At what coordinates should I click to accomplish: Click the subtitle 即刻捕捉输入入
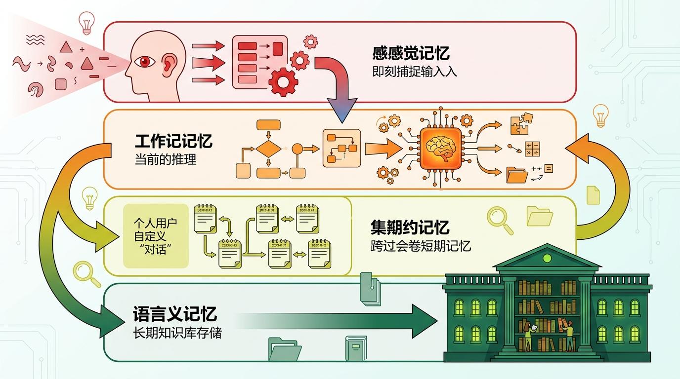[414, 72]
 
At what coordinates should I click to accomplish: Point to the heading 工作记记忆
[173, 142]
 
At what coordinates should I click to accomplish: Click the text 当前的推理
[166, 160]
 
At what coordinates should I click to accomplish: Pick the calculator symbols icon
[532, 149]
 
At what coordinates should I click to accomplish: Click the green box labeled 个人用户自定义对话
[156, 236]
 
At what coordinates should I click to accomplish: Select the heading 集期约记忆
[410, 227]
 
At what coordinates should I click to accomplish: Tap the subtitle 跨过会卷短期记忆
[421, 246]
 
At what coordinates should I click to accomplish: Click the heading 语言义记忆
[175, 314]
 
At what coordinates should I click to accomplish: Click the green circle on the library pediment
[547, 258]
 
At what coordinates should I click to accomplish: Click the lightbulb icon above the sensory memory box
[86, 21]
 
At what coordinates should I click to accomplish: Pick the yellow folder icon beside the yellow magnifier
[540, 216]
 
